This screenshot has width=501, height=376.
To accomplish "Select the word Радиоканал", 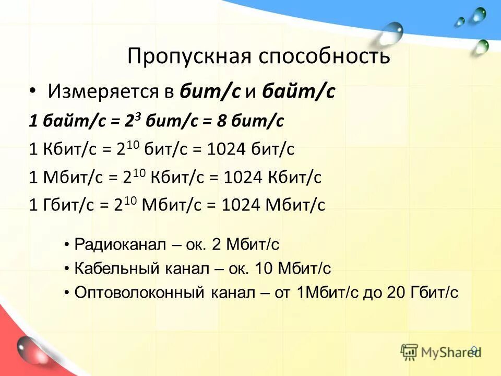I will point(120,244).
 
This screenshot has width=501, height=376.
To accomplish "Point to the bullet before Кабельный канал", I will point(67,268).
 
